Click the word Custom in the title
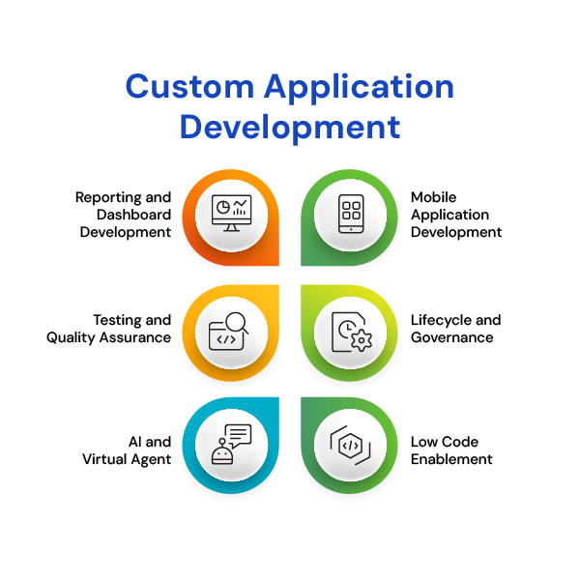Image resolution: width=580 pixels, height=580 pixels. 189,86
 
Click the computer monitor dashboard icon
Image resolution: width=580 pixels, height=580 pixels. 232,213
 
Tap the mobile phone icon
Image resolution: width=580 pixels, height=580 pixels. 351,214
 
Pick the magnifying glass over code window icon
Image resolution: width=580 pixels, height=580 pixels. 228,332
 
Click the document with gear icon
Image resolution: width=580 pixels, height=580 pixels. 352,332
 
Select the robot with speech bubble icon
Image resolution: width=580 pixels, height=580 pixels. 232,445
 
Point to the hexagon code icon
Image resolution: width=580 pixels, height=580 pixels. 350,445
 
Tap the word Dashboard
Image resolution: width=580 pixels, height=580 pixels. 134,215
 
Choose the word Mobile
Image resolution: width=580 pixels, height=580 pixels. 433,197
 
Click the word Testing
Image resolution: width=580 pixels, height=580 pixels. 117,321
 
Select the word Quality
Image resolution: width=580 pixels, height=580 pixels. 71,338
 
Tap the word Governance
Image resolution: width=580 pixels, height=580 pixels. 452,337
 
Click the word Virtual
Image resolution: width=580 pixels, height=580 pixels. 104,459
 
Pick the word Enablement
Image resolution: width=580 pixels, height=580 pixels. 451,459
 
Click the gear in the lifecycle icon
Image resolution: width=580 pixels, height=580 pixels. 362,340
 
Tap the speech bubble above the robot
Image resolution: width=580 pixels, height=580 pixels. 239,435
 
